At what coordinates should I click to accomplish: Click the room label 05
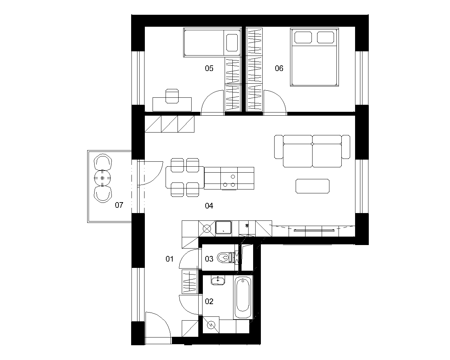click(x=209, y=69)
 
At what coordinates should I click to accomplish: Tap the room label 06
click(x=279, y=69)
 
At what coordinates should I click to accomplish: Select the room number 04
click(x=209, y=206)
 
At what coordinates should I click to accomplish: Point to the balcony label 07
click(x=119, y=205)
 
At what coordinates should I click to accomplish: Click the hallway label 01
click(x=169, y=259)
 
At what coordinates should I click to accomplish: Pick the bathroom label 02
click(x=209, y=301)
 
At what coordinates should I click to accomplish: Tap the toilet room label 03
click(x=209, y=259)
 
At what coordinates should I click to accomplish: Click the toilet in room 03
click(x=226, y=257)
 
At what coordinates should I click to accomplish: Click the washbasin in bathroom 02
click(x=218, y=280)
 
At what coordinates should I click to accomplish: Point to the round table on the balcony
click(x=102, y=178)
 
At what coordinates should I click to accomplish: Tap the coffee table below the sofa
click(x=313, y=186)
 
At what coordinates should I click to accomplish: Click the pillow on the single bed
click(x=232, y=43)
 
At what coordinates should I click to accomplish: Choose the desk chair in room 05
click(x=172, y=96)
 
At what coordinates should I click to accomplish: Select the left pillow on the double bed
click(x=303, y=38)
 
